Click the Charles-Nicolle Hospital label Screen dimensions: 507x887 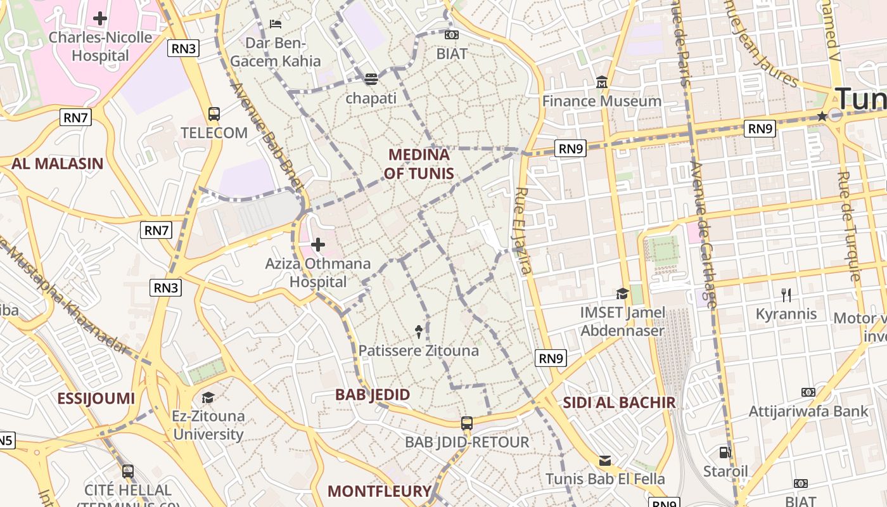pyautogui.click(x=101, y=46)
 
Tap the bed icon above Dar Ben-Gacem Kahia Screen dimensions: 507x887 pyautogui.click(x=276, y=24)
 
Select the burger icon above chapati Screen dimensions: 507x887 pyautogui.click(x=371, y=79)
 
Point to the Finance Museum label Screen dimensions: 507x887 pyautogui.click(x=601, y=101)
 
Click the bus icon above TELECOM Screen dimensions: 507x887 pyautogui.click(x=214, y=114)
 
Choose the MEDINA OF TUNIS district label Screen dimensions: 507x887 pyautogui.click(x=419, y=164)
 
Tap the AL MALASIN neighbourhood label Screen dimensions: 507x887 pyautogui.click(x=57, y=164)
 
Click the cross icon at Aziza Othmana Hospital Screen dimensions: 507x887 pyautogui.click(x=318, y=245)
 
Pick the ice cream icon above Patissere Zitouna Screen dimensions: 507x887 pyautogui.click(x=419, y=331)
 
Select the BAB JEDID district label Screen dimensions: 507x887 pyautogui.click(x=373, y=394)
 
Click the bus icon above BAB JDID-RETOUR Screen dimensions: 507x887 pyautogui.click(x=467, y=423)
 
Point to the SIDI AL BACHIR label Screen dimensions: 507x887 pyautogui.click(x=619, y=402)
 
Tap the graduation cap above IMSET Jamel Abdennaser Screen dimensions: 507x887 pyautogui.click(x=622, y=293)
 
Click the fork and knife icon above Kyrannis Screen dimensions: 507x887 pyautogui.click(x=786, y=295)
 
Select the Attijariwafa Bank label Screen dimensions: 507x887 pyautogui.click(x=808, y=411)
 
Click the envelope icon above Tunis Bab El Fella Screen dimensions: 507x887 pyautogui.click(x=605, y=461)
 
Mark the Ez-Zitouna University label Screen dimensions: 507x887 pyautogui.click(x=208, y=425)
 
